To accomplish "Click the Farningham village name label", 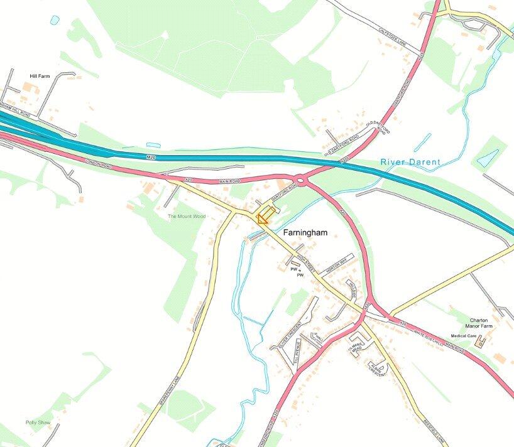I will coord(305,232).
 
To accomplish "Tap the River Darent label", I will coord(410,162).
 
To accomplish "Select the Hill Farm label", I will coord(40,76).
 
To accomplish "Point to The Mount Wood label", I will coord(187,217).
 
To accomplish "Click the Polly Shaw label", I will coord(37,422).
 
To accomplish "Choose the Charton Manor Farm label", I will coord(483,323).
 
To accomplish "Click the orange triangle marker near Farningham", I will coord(263,218).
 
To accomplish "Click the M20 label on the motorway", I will coord(150,156).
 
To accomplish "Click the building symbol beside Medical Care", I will coord(481,342).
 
